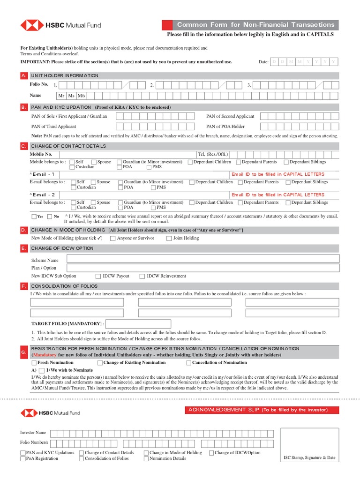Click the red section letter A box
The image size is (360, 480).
point(24,76)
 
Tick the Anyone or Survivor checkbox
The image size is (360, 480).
point(113,238)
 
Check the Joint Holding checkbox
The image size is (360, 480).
point(169,238)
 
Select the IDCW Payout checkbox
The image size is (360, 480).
point(98,277)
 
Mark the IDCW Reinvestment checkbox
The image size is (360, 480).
point(142,277)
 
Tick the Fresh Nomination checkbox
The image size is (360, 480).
point(34,363)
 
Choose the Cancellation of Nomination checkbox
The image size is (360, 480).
point(189,363)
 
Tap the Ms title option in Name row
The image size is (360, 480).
point(71,96)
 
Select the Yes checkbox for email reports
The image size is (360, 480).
point(34,217)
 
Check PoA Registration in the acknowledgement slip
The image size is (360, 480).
point(23,459)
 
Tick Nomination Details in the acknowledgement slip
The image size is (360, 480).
point(146,459)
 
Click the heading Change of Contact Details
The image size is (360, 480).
point(68,146)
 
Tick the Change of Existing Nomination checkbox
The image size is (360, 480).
point(100,363)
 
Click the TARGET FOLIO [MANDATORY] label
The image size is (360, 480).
point(67,324)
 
